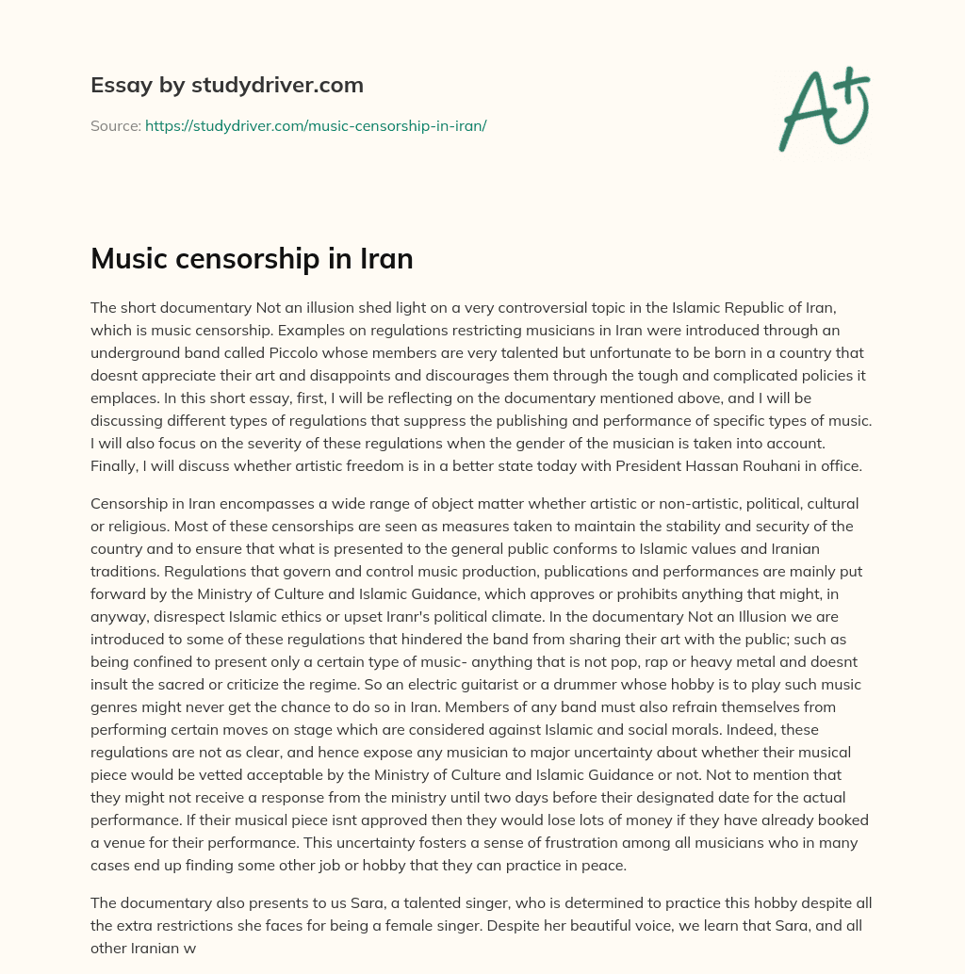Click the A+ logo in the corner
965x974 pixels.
point(824,108)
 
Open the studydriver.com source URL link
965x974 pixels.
point(315,125)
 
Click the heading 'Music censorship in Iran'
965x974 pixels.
point(252,259)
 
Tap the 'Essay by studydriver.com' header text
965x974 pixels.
point(226,85)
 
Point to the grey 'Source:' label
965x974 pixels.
point(115,125)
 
